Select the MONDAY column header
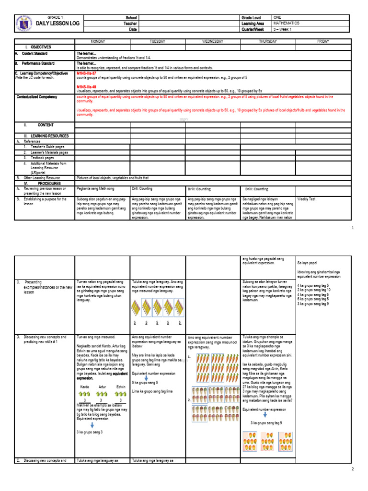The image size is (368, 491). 102,42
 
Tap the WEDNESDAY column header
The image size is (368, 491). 213,42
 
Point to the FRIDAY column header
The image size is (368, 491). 323,42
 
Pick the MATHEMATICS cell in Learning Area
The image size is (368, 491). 287,23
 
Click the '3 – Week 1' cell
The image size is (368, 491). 282,29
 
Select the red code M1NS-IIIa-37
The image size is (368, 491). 87,73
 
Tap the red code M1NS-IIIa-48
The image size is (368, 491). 87,87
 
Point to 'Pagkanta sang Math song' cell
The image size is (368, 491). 96,189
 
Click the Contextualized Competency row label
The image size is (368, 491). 37,97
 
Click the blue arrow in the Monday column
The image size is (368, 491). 92,424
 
